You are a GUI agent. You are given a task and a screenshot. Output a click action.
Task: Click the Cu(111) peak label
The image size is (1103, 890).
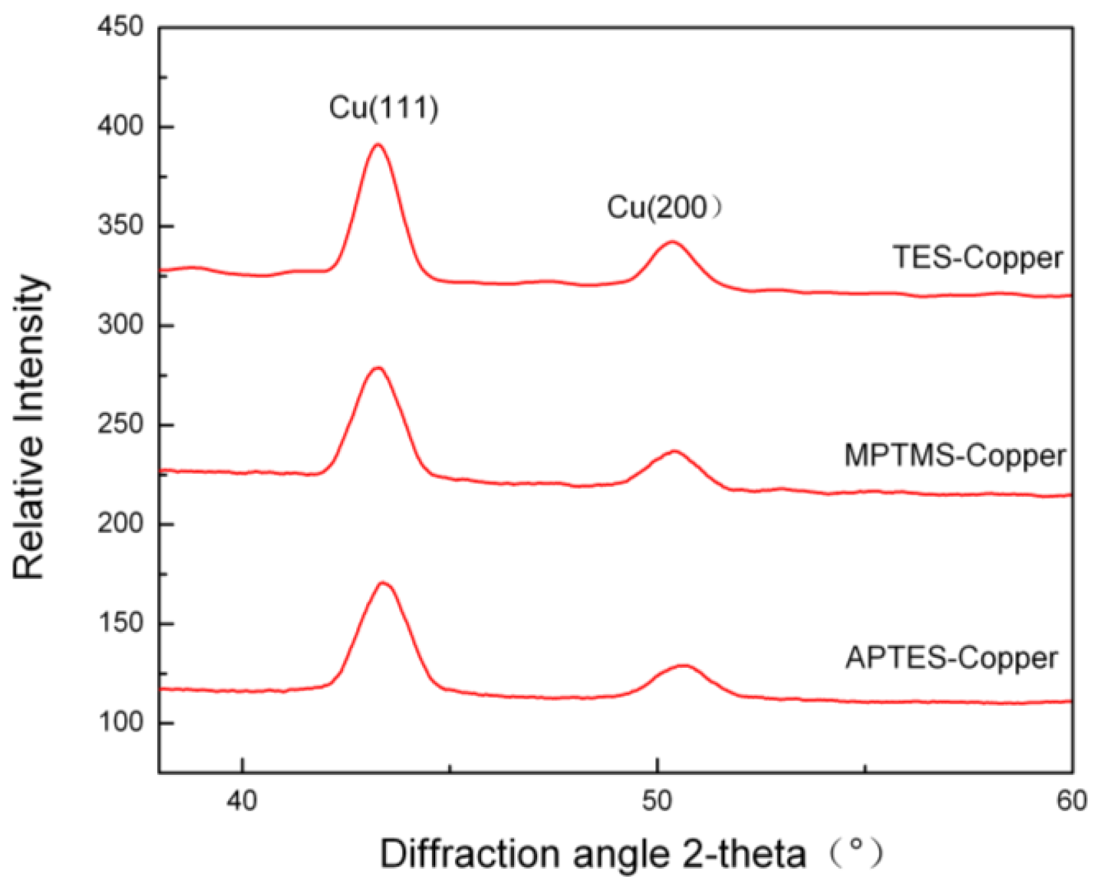pos(383,108)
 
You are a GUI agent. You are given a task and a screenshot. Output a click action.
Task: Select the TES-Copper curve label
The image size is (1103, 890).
pos(977,257)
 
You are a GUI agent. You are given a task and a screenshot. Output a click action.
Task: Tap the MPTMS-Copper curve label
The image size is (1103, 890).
pos(954,456)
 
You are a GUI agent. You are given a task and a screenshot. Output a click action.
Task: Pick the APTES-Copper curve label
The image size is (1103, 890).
pos(952,657)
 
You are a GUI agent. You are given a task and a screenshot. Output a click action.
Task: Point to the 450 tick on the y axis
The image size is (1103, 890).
pos(120,27)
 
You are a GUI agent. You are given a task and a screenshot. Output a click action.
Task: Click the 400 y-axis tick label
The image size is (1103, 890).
pos(120,126)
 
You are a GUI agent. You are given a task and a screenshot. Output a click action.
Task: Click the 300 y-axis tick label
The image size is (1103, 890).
pos(120,325)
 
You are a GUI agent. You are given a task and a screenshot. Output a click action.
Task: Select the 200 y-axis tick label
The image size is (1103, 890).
pos(120,524)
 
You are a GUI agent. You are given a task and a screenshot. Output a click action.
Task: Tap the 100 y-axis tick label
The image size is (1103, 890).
pos(120,722)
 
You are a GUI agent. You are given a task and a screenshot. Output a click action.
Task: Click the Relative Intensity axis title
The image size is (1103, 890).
pos(30,427)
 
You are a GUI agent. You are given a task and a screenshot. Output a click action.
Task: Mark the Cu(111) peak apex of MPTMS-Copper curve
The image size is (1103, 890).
pos(377,367)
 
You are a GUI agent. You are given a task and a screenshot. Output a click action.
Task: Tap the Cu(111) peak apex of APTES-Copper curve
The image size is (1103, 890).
pos(383,582)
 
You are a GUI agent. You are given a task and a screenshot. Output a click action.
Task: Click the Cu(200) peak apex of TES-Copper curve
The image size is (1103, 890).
pos(671,242)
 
